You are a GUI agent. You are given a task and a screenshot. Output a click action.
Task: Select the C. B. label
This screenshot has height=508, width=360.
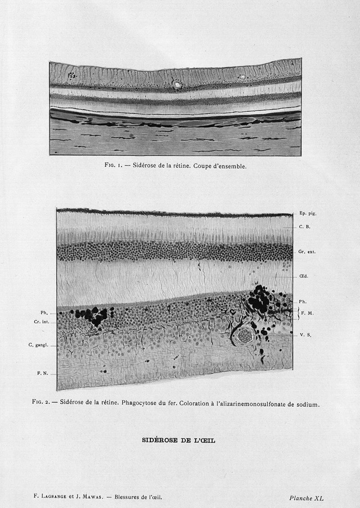coord(305,227)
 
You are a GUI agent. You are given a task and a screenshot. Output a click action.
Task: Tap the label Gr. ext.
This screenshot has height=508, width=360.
coord(307,252)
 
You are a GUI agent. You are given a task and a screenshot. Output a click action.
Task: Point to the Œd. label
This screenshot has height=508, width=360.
coord(303,277)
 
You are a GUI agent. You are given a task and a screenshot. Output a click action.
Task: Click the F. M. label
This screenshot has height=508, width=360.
coord(307,313)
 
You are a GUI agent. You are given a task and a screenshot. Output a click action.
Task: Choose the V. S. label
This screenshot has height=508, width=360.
coord(306,335)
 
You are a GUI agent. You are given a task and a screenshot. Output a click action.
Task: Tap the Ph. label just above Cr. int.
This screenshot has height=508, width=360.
coord(44,313)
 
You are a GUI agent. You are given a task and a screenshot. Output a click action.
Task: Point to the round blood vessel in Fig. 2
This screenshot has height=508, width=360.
coord(245,335)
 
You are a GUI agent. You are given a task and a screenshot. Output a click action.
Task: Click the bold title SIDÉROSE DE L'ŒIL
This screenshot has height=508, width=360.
coord(179,441)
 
